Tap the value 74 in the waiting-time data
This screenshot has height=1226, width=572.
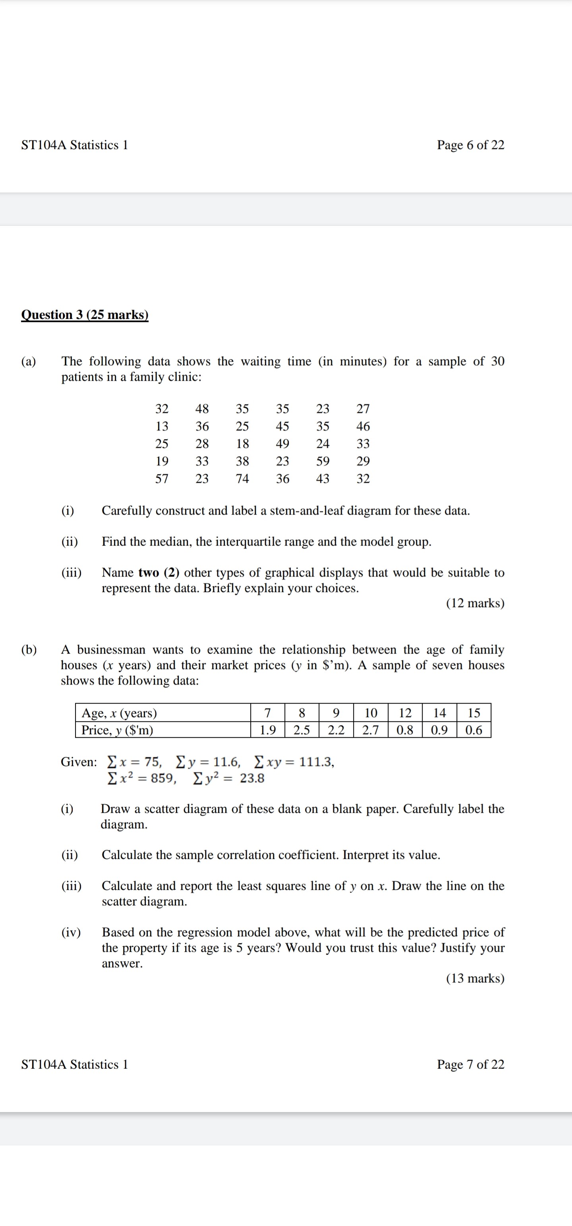click(x=242, y=478)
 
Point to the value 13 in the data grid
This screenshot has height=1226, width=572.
click(x=162, y=426)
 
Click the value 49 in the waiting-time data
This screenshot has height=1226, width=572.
click(x=282, y=443)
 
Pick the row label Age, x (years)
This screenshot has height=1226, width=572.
click(x=120, y=713)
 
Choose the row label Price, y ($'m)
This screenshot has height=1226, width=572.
click(x=117, y=730)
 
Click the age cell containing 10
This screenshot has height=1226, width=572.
click(x=371, y=713)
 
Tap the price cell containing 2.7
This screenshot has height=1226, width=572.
click(x=371, y=730)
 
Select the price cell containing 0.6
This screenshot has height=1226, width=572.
click(x=473, y=730)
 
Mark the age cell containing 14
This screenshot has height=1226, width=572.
click(x=439, y=713)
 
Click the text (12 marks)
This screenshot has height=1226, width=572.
click(x=475, y=603)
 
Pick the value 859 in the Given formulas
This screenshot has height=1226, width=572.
click(x=163, y=778)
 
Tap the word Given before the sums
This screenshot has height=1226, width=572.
click(x=79, y=762)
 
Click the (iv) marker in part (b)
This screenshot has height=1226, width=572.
click(x=71, y=932)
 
